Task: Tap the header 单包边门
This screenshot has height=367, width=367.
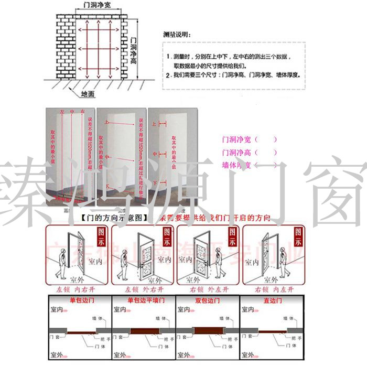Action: click(x=80, y=300)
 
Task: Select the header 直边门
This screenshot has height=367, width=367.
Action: click(x=273, y=300)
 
